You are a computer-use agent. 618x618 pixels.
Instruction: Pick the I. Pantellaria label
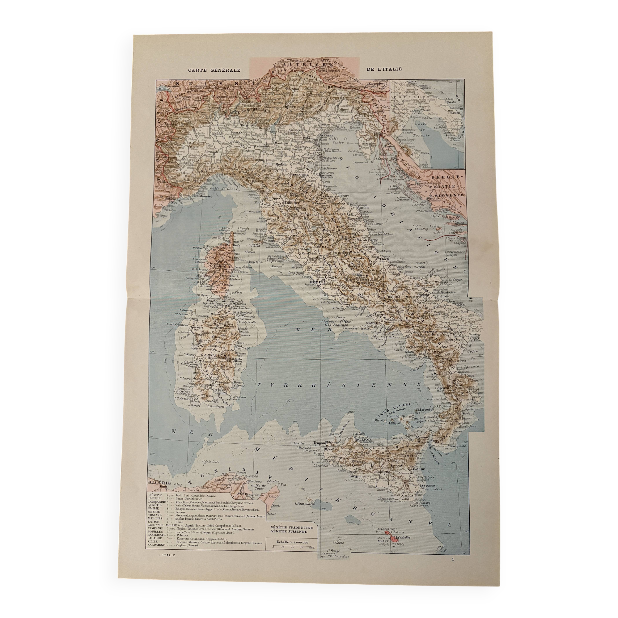coord(305,503)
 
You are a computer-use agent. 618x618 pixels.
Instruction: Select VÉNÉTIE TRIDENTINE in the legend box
coord(292,527)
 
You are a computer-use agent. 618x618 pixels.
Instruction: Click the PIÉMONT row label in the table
coord(155,495)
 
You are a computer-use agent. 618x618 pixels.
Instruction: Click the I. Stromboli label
coord(425,409)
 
